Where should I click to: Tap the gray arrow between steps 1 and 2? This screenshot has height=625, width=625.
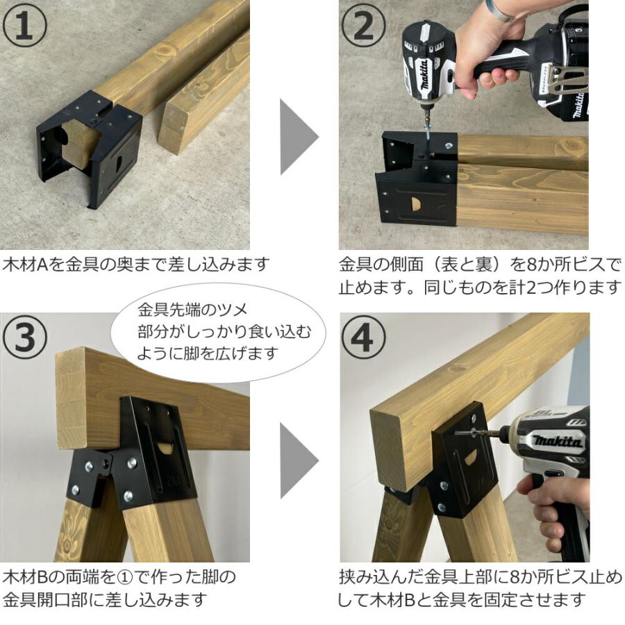pos(297,136)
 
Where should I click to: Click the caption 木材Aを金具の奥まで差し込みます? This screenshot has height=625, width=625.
pos(135,265)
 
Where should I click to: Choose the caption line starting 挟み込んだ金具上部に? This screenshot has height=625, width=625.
pos(479,577)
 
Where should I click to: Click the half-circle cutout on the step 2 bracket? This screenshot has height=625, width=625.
pos(415,206)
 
